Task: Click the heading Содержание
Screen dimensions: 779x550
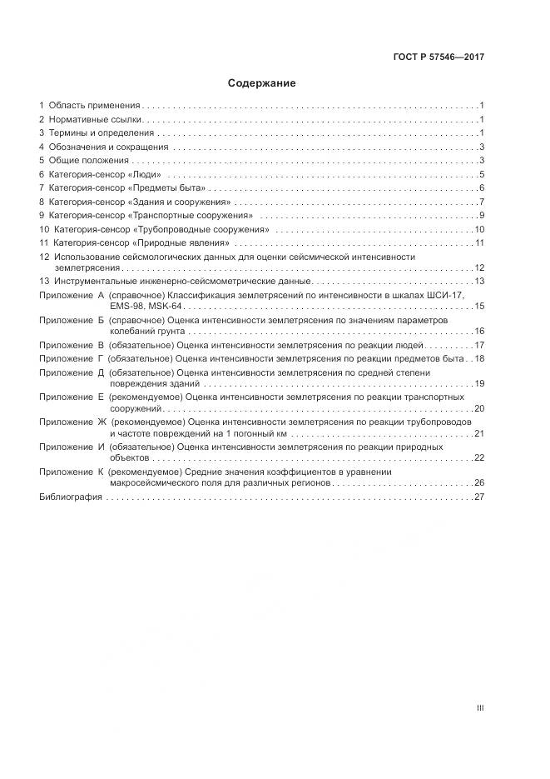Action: click(x=262, y=83)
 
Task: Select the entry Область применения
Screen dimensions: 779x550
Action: click(x=94, y=106)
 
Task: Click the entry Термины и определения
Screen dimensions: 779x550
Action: click(x=102, y=133)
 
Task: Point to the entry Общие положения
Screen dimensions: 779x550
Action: click(x=89, y=160)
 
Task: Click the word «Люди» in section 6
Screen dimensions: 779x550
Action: click(x=146, y=174)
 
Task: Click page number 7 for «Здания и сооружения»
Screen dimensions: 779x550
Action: click(x=482, y=202)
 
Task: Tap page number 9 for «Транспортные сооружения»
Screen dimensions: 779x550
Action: click(x=482, y=216)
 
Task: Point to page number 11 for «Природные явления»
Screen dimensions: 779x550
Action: click(x=479, y=242)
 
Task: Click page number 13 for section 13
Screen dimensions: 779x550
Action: click(x=479, y=281)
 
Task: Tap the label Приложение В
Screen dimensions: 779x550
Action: click(x=72, y=345)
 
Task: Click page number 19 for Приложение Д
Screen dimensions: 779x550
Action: click(x=479, y=383)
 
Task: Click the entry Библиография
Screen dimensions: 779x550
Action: click(x=71, y=497)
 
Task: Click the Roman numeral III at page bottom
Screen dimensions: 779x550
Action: click(x=480, y=708)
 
